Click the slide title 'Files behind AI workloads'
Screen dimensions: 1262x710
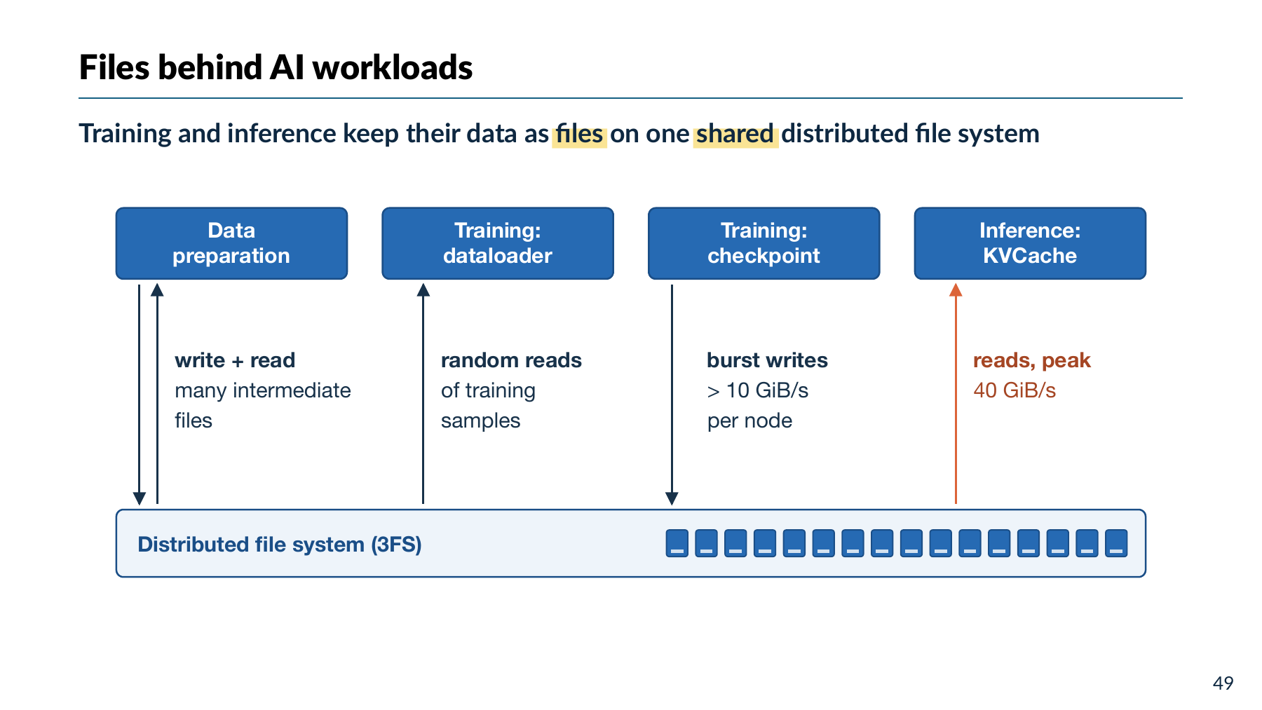coord(276,68)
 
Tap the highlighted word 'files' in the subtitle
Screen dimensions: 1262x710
coord(579,134)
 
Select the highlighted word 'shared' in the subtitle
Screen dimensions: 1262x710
coord(735,134)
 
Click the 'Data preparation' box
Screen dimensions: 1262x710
coord(231,243)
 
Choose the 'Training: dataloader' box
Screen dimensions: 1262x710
coord(498,243)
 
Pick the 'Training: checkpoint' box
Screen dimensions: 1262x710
coord(764,243)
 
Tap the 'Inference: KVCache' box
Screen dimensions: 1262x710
coord(1030,243)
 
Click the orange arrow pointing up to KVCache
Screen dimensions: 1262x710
coord(956,393)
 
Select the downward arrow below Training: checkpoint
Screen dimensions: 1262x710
coord(672,395)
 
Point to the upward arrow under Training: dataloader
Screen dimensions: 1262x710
coord(423,393)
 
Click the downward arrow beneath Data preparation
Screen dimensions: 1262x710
coord(140,395)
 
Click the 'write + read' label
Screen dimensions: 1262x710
coord(235,360)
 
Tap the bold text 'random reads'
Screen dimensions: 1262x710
coord(511,360)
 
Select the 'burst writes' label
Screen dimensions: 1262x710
coord(767,360)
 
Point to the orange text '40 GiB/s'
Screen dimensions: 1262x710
coord(1015,390)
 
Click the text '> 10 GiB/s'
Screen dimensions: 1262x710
coord(757,390)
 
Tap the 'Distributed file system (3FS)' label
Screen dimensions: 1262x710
coord(280,545)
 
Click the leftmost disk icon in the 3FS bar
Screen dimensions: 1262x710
coord(677,543)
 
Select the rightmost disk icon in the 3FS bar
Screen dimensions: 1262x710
coord(1116,543)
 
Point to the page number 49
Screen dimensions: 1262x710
coord(1223,683)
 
